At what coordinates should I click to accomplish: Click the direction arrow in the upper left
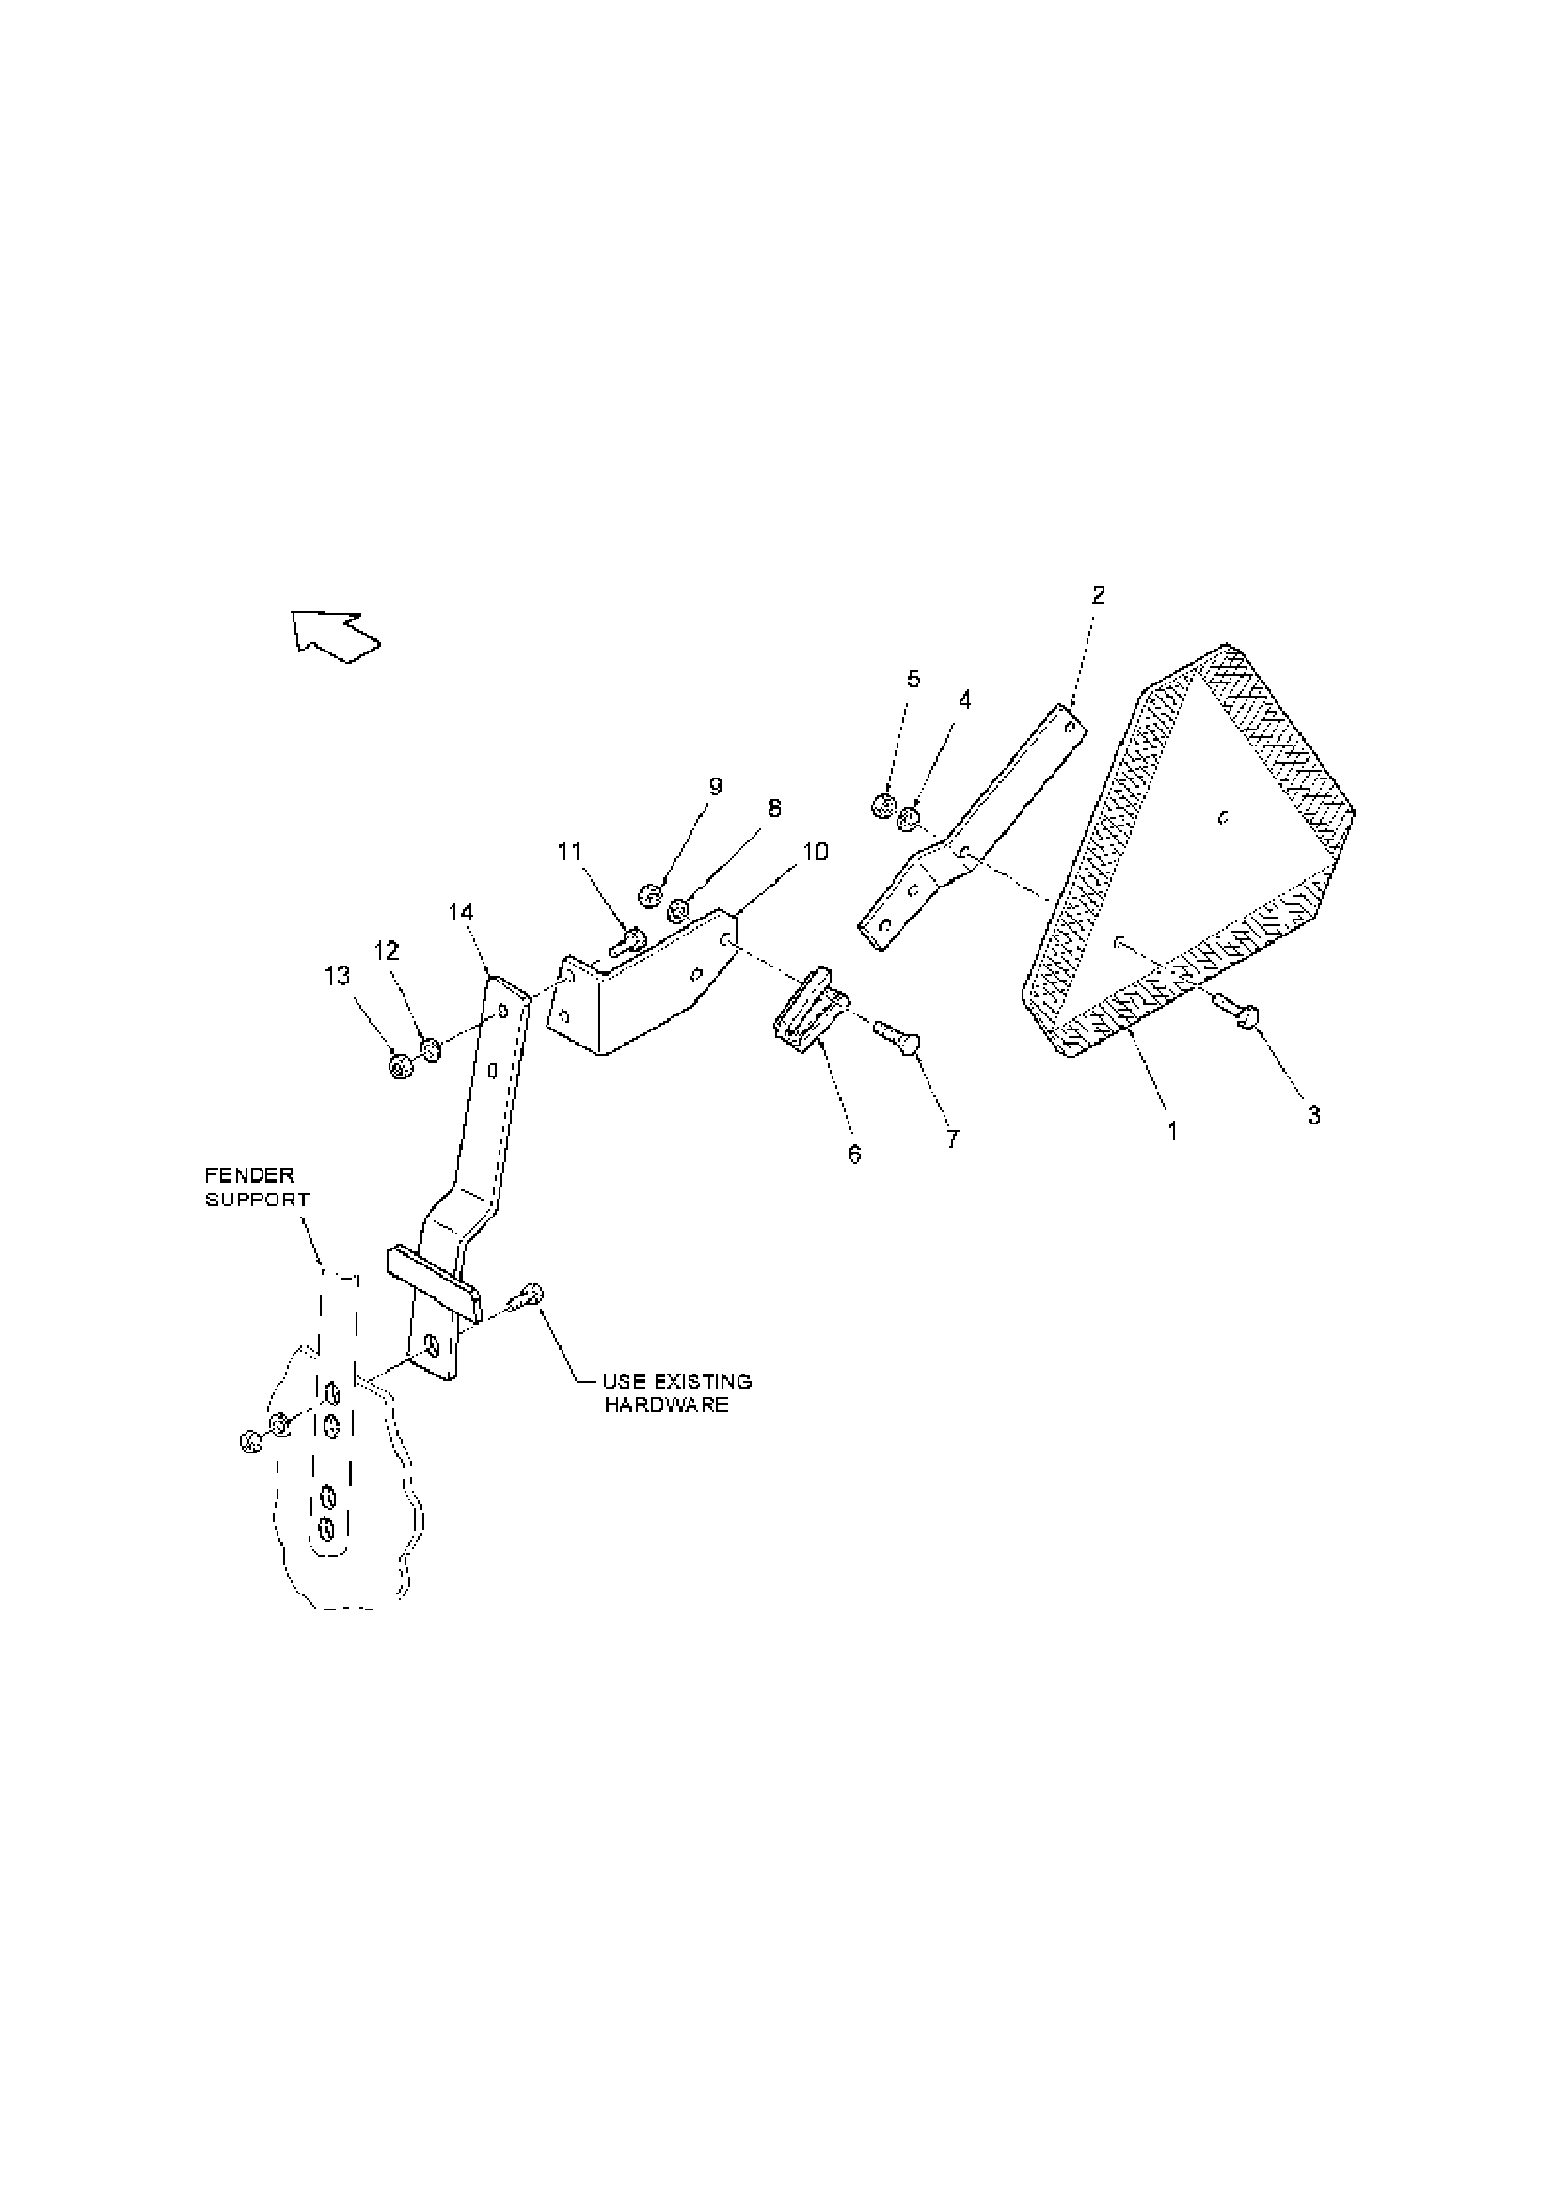[335, 634]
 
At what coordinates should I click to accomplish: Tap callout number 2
[1098, 595]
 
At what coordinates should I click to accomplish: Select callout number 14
[461, 912]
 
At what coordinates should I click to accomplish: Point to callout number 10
[816, 853]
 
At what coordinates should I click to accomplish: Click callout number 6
[854, 1154]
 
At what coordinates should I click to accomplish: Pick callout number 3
[1313, 1115]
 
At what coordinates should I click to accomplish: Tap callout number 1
[1172, 1131]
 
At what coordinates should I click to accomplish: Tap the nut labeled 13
[401, 1065]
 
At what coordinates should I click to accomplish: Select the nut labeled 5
[883, 807]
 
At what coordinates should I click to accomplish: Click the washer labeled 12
[430, 1051]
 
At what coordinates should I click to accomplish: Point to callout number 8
[773, 809]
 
